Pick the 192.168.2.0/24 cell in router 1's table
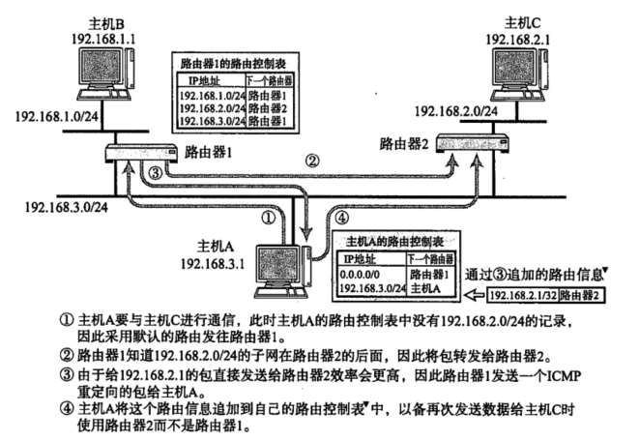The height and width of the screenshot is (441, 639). coord(211,109)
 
